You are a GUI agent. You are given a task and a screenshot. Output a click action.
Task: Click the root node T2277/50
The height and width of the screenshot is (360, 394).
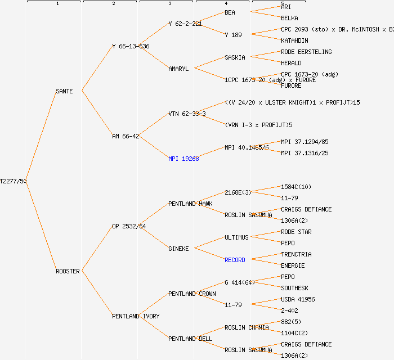pyautogui.click(x=14, y=181)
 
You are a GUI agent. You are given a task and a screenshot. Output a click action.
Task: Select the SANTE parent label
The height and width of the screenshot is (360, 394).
pyautogui.click(x=64, y=91)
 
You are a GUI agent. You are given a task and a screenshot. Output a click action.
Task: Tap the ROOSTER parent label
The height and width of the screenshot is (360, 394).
pyautogui.click(x=68, y=271)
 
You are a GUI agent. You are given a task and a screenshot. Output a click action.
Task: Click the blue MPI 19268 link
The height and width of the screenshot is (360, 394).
pyautogui.click(x=183, y=159)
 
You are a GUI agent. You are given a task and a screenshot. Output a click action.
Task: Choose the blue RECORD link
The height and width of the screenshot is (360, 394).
pyautogui.click(x=235, y=260)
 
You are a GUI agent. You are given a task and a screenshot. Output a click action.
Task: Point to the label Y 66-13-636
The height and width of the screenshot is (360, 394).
pyautogui.click(x=131, y=46)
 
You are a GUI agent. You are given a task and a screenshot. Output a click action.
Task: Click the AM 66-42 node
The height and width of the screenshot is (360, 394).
pyautogui.click(x=126, y=136)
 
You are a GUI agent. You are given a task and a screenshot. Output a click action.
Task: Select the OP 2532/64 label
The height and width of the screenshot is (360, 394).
pyautogui.click(x=129, y=226)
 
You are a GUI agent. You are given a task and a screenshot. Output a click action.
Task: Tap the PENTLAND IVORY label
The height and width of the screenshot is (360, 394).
pyautogui.click(x=136, y=316)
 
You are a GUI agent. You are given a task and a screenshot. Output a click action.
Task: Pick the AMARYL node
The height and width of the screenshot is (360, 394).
pyautogui.click(x=178, y=69)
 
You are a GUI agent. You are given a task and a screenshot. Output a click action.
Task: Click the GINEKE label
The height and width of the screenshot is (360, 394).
pyautogui.click(x=178, y=249)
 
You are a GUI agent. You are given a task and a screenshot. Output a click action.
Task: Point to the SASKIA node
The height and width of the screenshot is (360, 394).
pyautogui.click(x=235, y=57)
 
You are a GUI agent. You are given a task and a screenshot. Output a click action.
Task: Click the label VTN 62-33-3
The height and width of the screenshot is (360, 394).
pyautogui.click(x=187, y=114)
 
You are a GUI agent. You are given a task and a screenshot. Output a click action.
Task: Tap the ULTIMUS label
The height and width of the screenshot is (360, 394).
pyautogui.click(x=236, y=237)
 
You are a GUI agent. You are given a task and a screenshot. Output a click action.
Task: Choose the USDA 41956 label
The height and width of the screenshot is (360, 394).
pyautogui.click(x=298, y=299)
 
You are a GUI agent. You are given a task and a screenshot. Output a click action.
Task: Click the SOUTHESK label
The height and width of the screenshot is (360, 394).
pyautogui.click(x=294, y=288)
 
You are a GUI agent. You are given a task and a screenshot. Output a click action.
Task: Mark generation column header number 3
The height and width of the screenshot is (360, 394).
pyautogui.click(x=169, y=4)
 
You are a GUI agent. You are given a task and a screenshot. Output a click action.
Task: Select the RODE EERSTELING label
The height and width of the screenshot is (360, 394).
pyautogui.click(x=306, y=52)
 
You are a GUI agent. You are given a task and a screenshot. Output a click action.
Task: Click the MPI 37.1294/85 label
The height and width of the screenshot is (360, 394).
pyautogui.click(x=305, y=142)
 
